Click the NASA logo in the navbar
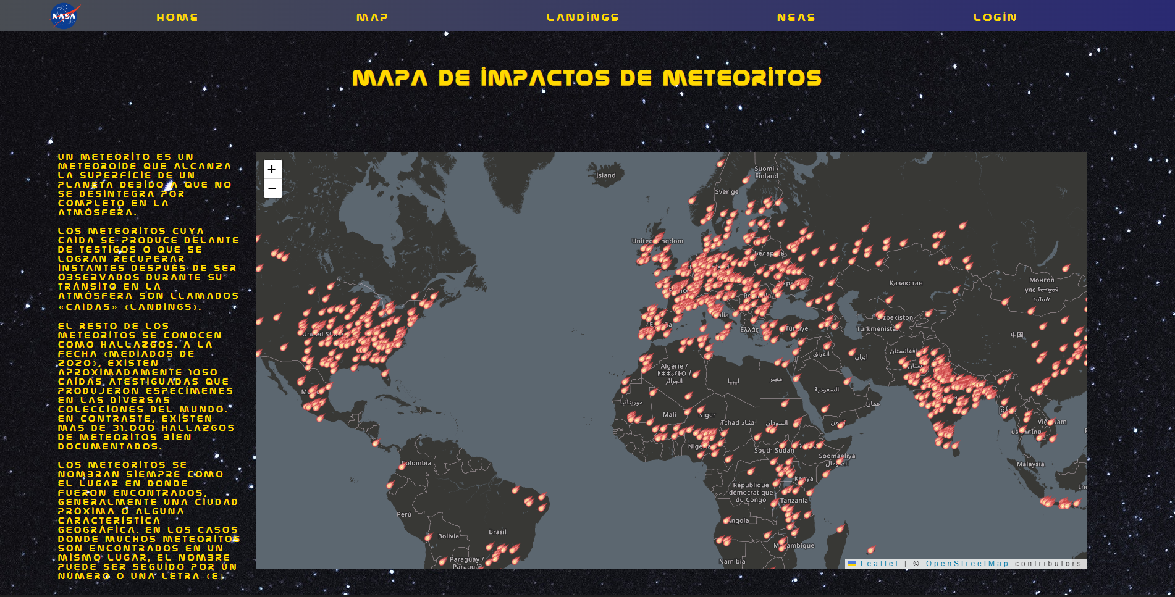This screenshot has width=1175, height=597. click(x=64, y=16)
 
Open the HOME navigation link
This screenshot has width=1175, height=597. click(x=177, y=17)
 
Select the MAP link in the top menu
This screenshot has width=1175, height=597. click(x=372, y=17)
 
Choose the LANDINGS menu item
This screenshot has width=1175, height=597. click(x=583, y=17)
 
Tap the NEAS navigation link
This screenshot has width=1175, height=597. click(x=796, y=17)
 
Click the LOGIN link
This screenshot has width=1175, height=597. click(x=995, y=17)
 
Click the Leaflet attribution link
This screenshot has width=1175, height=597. click(x=879, y=564)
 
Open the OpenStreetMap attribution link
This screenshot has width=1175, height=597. click(x=967, y=564)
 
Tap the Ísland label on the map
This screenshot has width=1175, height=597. click(x=605, y=175)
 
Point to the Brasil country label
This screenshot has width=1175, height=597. click(x=497, y=532)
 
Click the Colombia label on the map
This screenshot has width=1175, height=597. click(x=416, y=463)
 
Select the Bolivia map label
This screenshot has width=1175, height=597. click(x=449, y=536)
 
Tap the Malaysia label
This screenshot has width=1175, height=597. click(x=1030, y=464)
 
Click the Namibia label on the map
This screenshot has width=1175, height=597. click(x=732, y=562)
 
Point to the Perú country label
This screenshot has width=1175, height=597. click(x=404, y=514)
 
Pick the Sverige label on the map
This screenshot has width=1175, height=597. click(x=726, y=192)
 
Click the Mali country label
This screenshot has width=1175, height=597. click(x=670, y=415)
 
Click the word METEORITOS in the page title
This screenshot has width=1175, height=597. click(x=742, y=78)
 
